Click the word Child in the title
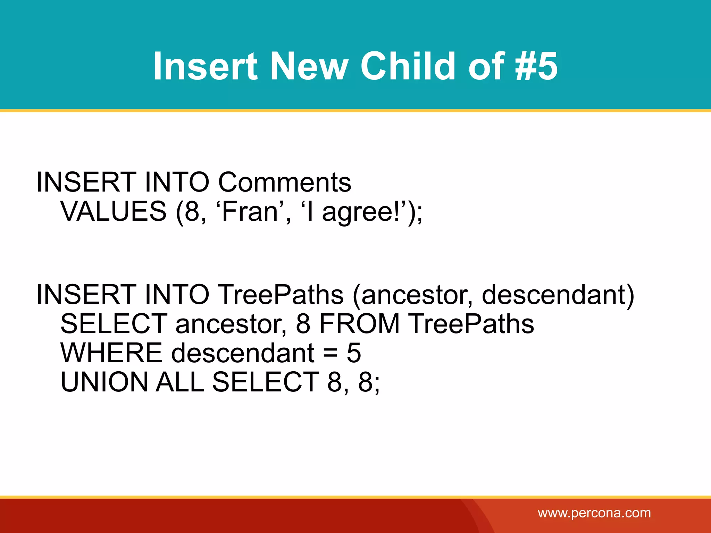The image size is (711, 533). click(x=408, y=66)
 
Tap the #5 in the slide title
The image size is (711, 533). click(x=537, y=66)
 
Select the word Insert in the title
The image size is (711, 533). click(x=205, y=66)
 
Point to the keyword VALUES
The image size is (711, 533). click(x=114, y=211)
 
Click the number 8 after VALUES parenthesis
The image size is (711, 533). click(x=193, y=211)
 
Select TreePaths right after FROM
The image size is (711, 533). click(x=471, y=324)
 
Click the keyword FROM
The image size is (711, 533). click(x=359, y=324)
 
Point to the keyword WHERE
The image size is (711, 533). click(x=111, y=353)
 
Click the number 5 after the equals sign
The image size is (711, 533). click(x=354, y=353)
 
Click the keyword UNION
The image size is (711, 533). click(x=104, y=382)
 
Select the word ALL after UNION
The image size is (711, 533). click(x=179, y=382)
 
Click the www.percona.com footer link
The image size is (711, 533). click(x=594, y=513)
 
